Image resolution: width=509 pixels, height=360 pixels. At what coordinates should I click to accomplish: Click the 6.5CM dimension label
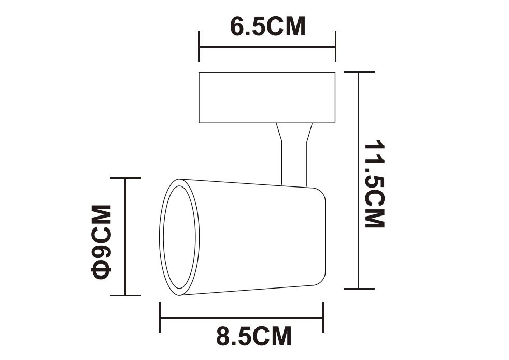268,26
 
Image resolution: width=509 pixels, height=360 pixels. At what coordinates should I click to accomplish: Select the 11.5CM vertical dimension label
374,184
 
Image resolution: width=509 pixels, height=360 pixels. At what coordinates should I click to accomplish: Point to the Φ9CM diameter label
102,242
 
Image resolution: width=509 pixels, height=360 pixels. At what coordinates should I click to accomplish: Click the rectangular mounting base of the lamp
267,97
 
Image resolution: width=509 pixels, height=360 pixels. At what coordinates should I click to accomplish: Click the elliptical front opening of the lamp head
179,237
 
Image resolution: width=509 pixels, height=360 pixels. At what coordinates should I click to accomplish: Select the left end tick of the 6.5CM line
199,47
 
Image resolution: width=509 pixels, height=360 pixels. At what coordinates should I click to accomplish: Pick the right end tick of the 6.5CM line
335,47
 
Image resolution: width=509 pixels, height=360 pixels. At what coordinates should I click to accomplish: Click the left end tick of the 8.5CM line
160,317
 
